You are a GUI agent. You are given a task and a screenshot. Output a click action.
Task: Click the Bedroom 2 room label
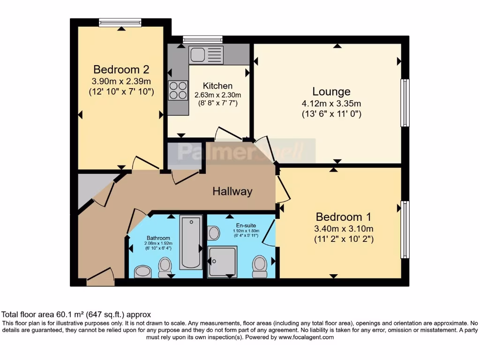tap(121, 70)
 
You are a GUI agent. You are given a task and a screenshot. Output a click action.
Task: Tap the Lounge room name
tap(331, 91)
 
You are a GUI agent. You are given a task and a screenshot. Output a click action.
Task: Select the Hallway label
tap(232, 191)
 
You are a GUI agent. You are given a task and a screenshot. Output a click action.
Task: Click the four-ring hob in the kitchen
tap(178, 90)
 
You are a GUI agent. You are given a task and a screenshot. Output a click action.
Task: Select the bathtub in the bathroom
tap(191, 242)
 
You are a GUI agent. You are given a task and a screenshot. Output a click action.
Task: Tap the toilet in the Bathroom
tap(165, 267)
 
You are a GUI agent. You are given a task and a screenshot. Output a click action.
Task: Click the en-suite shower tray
tap(222, 261)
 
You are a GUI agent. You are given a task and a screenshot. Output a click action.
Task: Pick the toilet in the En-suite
tap(260, 266)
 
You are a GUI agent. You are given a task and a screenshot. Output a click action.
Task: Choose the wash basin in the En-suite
tap(213, 232)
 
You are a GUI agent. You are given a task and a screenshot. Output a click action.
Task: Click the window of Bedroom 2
tap(120, 22)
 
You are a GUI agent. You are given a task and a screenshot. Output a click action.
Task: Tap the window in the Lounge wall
tap(405, 103)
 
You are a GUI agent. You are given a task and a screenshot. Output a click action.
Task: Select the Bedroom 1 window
tap(405, 230)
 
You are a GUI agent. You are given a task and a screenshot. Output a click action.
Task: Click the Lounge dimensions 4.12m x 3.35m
tap(331, 104)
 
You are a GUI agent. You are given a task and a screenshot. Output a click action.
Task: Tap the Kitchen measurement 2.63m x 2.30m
tap(217, 95)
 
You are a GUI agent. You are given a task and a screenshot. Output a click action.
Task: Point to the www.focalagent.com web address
tap(306, 337)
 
